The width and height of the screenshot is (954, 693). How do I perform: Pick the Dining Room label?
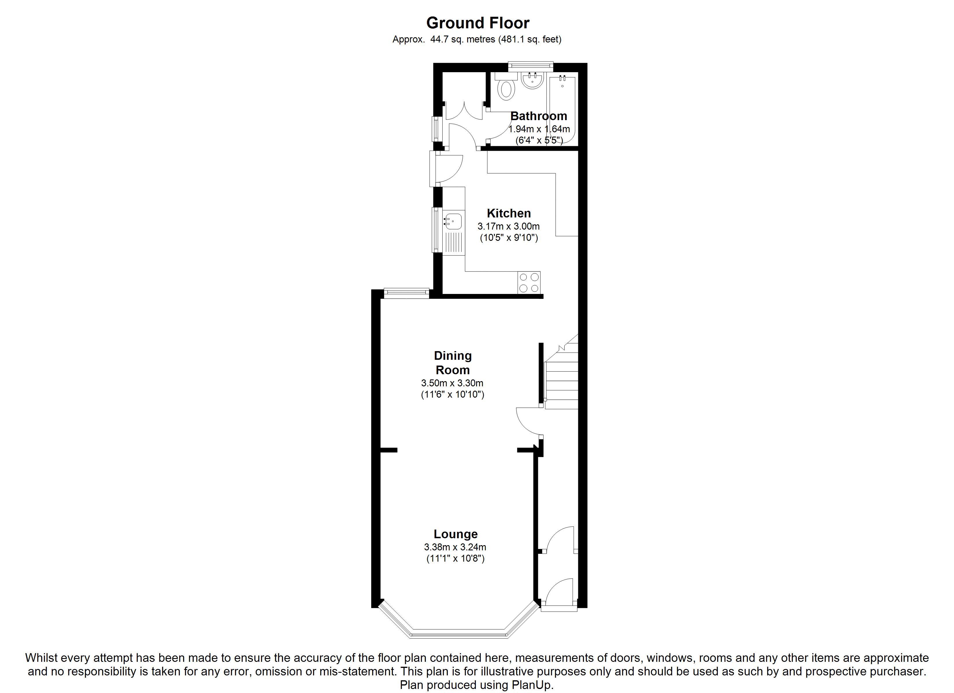pos(453,363)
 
